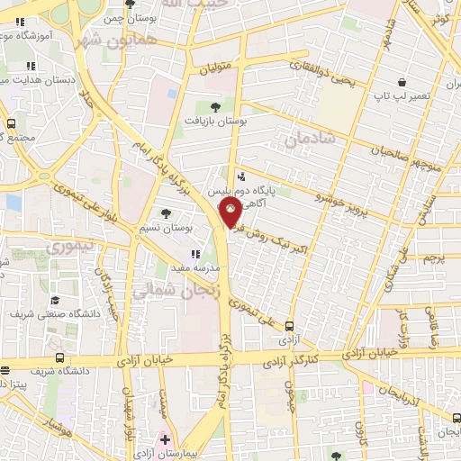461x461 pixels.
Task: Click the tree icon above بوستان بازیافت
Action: click(x=214, y=105)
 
